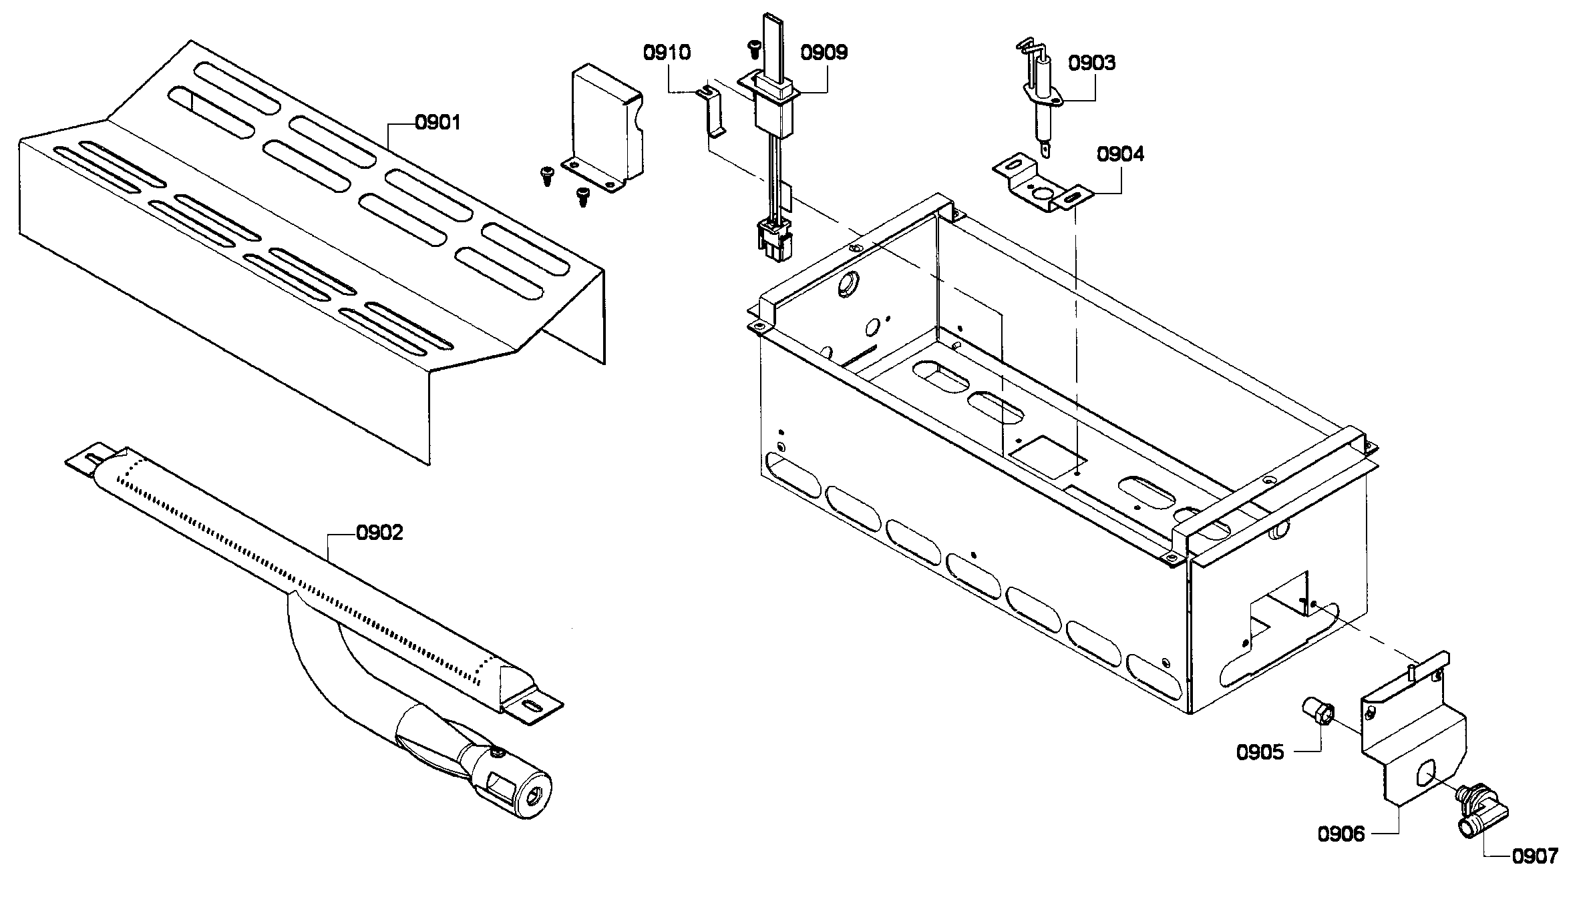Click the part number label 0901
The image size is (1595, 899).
(437, 122)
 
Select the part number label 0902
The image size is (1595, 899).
(379, 533)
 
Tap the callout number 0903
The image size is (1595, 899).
(1091, 63)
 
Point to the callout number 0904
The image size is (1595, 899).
(1120, 154)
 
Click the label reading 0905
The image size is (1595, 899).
(1260, 752)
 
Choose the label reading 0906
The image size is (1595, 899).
(1341, 834)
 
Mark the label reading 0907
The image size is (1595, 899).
(1534, 856)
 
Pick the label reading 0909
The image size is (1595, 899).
(824, 52)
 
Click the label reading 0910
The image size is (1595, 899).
(667, 52)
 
